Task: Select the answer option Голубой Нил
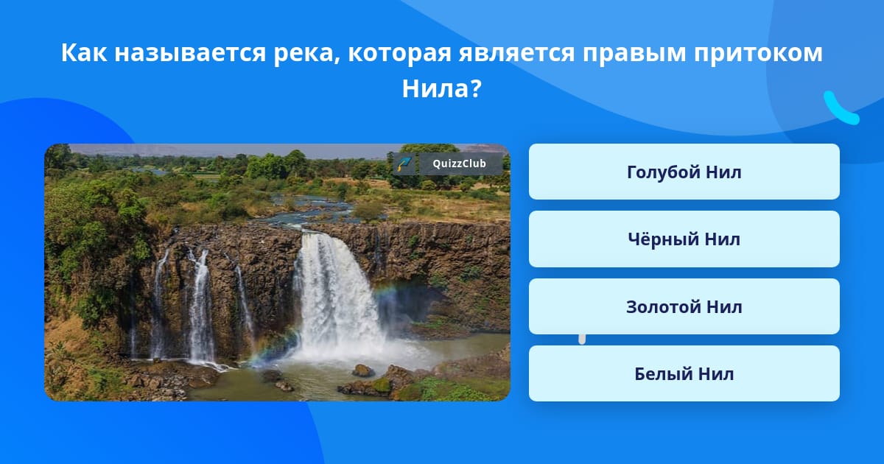point(684,172)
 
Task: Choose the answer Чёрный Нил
point(684,239)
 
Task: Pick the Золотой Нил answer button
point(684,306)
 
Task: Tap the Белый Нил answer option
point(684,373)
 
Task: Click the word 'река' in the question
point(306,53)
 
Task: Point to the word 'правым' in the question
point(634,54)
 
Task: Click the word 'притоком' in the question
point(758,54)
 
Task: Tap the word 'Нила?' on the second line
point(441,88)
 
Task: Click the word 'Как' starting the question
point(84,52)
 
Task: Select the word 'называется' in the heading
point(190,53)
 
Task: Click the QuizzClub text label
point(459,164)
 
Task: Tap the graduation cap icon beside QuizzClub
point(404,164)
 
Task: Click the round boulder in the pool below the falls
point(363,370)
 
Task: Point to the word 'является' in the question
point(516,53)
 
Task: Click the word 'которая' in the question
point(399,54)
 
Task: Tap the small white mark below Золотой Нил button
point(582,340)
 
